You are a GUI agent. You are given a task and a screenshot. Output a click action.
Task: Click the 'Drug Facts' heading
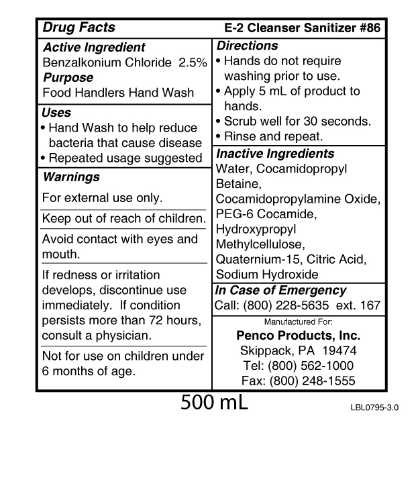(x=78, y=28)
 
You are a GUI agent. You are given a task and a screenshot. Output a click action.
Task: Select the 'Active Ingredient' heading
(x=93, y=48)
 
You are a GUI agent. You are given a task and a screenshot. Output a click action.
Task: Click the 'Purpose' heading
(x=68, y=78)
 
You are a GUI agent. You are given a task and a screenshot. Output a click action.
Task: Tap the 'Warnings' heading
(x=70, y=177)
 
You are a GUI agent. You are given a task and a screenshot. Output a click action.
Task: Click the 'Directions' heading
(x=246, y=46)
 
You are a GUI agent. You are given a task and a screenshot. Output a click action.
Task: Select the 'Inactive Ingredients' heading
(x=275, y=154)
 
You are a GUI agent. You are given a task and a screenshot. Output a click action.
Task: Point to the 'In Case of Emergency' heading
(x=280, y=291)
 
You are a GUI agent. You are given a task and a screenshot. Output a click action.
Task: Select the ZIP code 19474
(x=341, y=350)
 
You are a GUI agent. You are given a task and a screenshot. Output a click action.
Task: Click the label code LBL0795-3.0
(x=370, y=407)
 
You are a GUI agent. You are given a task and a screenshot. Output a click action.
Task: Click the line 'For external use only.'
(x=102, y=198)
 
